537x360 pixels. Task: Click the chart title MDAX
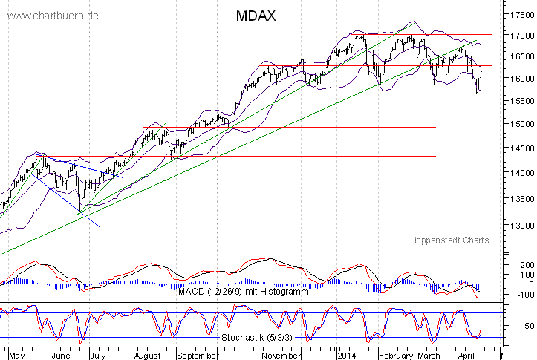tap(256, 16)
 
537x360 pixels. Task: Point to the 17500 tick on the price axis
tap(518, 14)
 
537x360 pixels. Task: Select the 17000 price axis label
tap(518, 36)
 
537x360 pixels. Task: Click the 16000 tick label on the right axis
tap(518, 79)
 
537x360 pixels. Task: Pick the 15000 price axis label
tap(518, 123)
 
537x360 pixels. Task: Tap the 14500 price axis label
tap(518, 149)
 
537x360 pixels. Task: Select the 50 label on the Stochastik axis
tap(510, 326)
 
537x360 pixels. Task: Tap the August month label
tap(147, 355)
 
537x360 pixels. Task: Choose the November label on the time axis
tap(281, 355)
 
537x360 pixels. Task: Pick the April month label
tap(466, 355)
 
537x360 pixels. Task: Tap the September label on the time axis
tap(197, 355)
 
